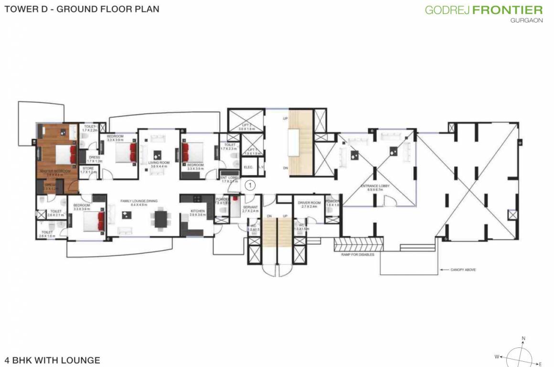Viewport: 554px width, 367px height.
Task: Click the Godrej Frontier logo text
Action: coord(483,10)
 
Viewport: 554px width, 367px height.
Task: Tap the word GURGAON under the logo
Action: coord(526,21)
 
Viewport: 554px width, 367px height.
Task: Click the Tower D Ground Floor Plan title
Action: coord(82,9)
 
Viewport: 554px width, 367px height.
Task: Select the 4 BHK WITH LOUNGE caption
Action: coord(52,360)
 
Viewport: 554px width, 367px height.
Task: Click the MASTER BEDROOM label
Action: coord(55,171)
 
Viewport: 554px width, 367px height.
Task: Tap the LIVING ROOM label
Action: coord(159,163)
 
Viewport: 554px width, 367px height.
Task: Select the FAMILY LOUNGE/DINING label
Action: coord(138,201)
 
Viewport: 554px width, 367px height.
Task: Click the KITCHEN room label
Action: coord(197,211)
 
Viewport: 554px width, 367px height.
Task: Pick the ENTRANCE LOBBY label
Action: coord(376,186)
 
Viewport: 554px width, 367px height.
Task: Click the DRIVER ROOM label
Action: coord(308,203)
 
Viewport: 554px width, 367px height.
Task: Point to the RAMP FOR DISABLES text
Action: coord(357,255)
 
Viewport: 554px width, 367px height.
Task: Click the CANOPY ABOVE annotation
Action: coord(463,270)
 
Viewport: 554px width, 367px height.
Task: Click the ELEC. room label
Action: coord(248,167)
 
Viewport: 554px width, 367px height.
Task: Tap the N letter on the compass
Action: coord(523,339)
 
